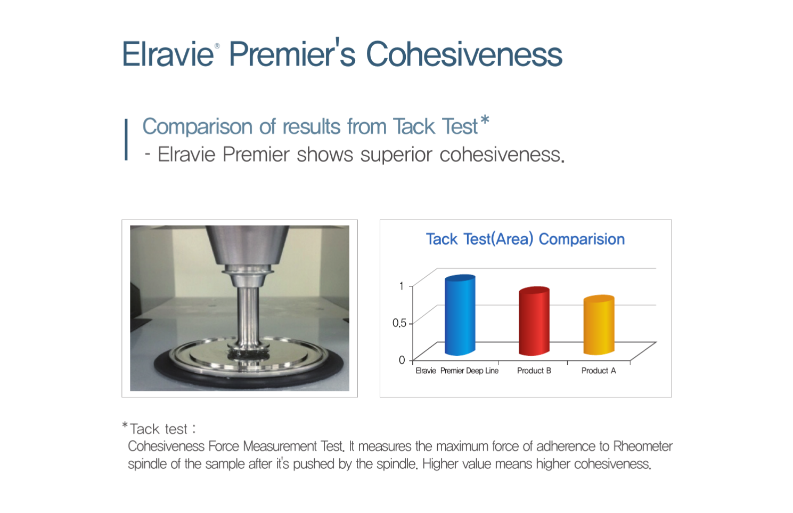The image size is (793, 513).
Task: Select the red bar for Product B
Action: [534, 321]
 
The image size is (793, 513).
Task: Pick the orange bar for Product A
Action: [599, 325]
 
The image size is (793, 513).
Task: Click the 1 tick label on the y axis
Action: [401, 286]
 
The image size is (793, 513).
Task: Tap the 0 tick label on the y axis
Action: [402, 360]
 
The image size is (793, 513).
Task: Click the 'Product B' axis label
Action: [534, 371]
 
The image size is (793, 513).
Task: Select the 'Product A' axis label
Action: [599, 371]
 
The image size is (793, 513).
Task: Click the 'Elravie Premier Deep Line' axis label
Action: [457, 371]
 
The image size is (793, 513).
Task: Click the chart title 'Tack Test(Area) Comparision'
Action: [525, 239]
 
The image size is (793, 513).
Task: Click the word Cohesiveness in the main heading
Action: [464, 54]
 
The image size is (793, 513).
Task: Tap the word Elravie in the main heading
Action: [167, 54]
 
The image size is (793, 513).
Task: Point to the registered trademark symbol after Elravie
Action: [217, 46]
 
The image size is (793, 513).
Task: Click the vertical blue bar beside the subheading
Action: [126, 139]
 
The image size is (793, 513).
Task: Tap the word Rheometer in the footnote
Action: [642, 446]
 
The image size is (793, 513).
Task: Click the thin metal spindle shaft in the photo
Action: [248, 316]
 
